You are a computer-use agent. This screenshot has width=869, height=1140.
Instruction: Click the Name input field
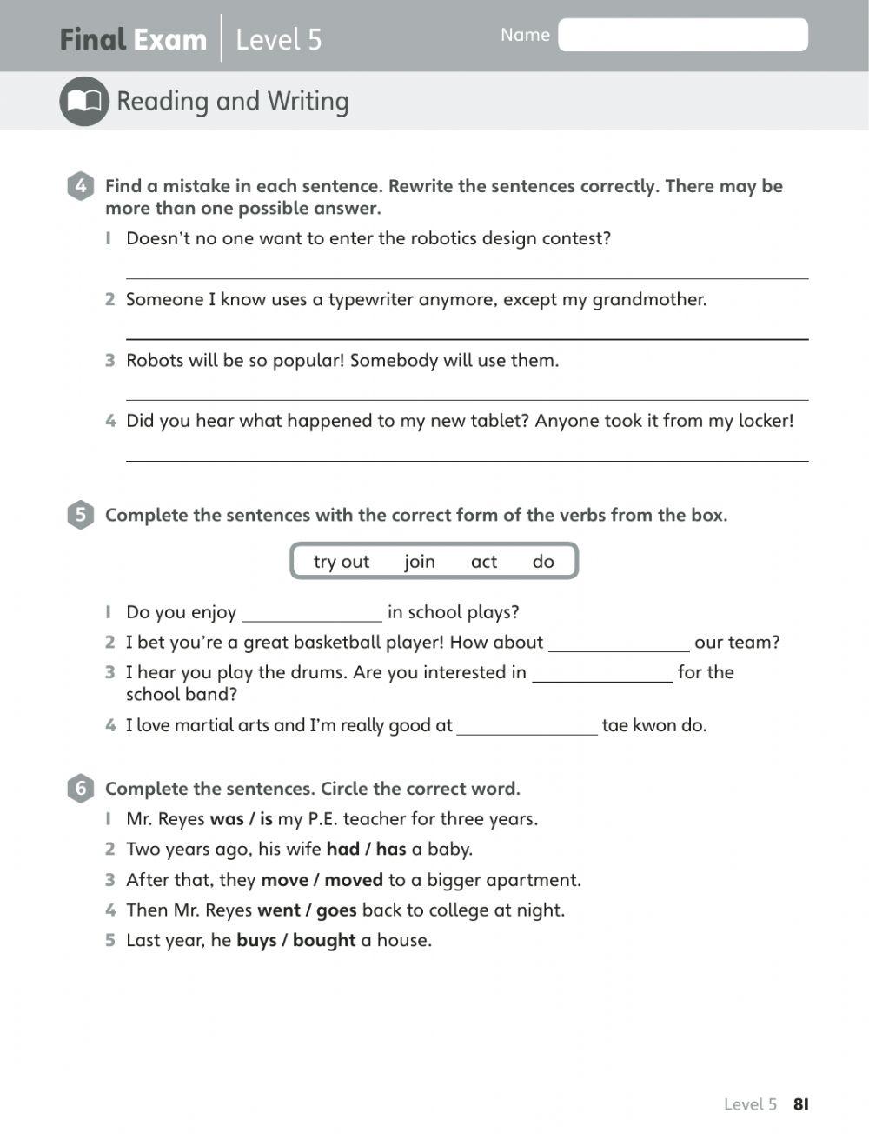pyautogui.click(x=682, y=35)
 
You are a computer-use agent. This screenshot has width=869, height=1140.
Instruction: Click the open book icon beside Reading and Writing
pyautogui.click(x=84, y=102)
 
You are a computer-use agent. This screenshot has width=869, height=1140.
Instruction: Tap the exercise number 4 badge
pyautogui.click(x=80, y=186)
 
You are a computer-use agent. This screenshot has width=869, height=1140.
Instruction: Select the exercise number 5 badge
pyautogui.click(x=80, y=515)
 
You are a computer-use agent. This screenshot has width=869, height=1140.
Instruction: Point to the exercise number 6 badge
pyautogui.click(x=80, y=789)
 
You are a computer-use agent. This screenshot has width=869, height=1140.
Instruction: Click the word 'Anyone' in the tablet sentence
pyautogui.click(x=567, y=421)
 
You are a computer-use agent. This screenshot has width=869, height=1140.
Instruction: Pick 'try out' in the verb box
pyautogui.click(x=342, y=562)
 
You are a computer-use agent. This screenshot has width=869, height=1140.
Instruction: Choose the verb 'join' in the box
pyautogui.click(x=420, y=562)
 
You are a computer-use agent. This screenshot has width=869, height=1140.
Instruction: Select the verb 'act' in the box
pyautogui.click(x=484, y=562)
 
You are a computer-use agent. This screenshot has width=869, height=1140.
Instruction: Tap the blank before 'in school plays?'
pyautogui.click(x=312, y=613)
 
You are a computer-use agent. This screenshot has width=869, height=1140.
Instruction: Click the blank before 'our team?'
pyautogui.click(x=619, y=643)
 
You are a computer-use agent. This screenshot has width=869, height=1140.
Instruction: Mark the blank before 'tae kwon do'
pyautogui.click(x=527, y=726)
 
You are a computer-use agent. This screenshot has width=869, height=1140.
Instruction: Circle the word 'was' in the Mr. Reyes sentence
pyautogui.click(x=227, y=819)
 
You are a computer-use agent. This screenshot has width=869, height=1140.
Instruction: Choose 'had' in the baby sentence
pyautogui.click(x=342, y=850)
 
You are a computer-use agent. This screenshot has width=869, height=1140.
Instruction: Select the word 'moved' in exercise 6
pyautogui.click(x=354, y=880)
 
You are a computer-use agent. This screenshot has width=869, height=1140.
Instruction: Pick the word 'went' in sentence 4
pyautogui.click(x=279, y=910)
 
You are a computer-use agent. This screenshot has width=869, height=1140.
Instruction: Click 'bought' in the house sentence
pyautogui.click(x=324, y=941)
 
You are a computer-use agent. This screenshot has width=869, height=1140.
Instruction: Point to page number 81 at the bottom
pyautogui.click(x=800, y=1104)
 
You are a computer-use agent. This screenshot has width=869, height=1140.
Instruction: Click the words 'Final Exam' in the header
pyautogui.click(x=133, y=40)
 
